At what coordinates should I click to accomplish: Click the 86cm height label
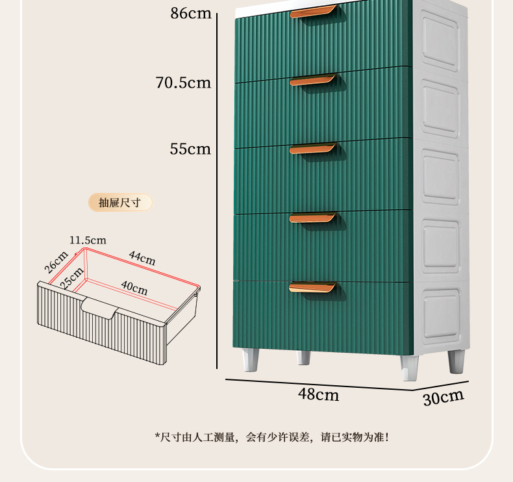tap(191, 12)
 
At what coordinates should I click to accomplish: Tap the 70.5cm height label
tap(183, 82)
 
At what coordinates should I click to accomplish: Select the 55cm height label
tap(190, 149)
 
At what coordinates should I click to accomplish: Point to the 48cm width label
tap(318, 394)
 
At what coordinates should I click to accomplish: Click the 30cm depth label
tap(444, 397)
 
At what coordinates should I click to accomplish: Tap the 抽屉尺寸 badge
tap(120, 203)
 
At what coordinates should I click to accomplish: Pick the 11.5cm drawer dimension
tap(88, 240)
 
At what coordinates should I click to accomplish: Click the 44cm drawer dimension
tap(142, 258)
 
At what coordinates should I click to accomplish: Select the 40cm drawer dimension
tap(134, 286)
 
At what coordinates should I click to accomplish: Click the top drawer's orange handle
tap(313, 12)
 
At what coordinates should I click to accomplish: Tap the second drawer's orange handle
tap(313, 80)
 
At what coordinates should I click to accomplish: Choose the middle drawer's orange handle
tap(313, 149)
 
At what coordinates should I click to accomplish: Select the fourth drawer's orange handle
tap(313, 218)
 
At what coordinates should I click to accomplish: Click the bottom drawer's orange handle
tap(313, 287)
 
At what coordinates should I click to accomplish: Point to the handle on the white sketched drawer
tap(101, 309)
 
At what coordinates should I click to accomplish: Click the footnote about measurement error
tap(272, 437)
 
